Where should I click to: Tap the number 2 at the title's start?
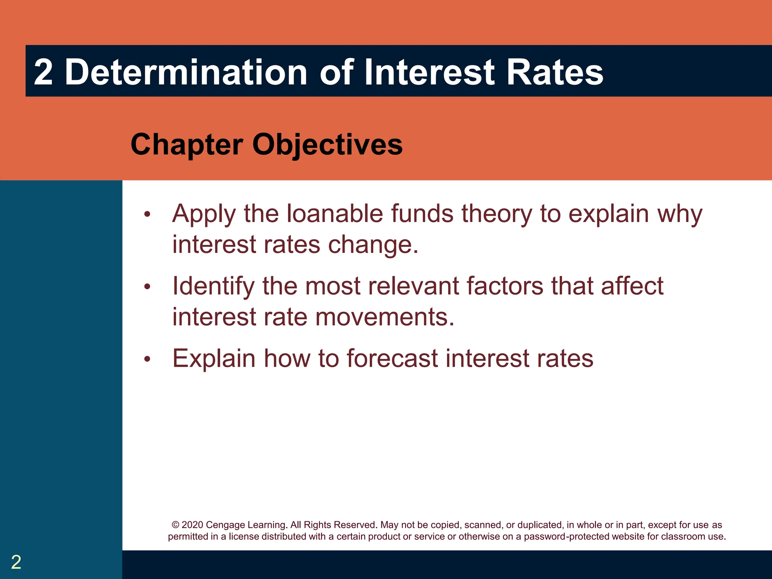click(x=43, y=72)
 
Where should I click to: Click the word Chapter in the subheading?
click(x=187, y=145)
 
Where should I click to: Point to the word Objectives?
click(x=327, y=145)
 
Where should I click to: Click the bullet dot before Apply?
click(x=147, y=215)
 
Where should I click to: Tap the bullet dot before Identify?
click(x=147, y=287)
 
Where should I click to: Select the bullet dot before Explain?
click(x=147, y=359)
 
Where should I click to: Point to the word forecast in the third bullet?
click(x=392, y=358)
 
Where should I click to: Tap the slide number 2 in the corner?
click(x=16, y=562)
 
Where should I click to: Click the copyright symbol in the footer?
click(x=175, y=525)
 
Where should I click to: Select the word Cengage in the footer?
click(x=225, y=525)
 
